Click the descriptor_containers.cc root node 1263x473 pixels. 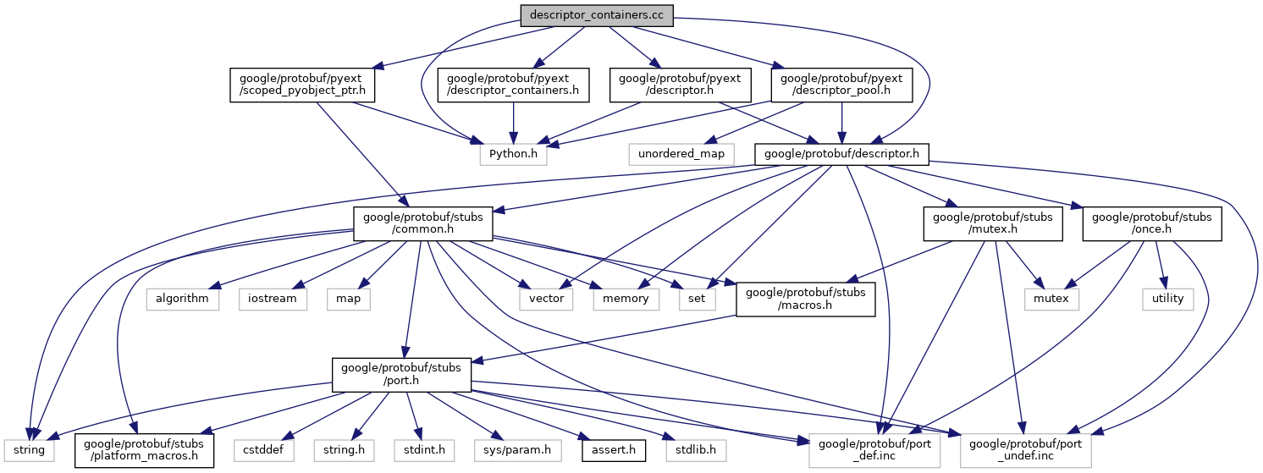597,15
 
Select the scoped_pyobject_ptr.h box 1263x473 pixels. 302,85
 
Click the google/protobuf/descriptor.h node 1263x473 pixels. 842,154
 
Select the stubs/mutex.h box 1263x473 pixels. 992,223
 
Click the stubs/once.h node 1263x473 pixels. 1152,223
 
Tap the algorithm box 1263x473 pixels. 182,299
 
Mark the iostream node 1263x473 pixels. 273,299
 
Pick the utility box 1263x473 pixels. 1167,299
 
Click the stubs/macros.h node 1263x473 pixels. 805,300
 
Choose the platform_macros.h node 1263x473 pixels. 144,450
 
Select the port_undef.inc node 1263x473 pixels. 1025,450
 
